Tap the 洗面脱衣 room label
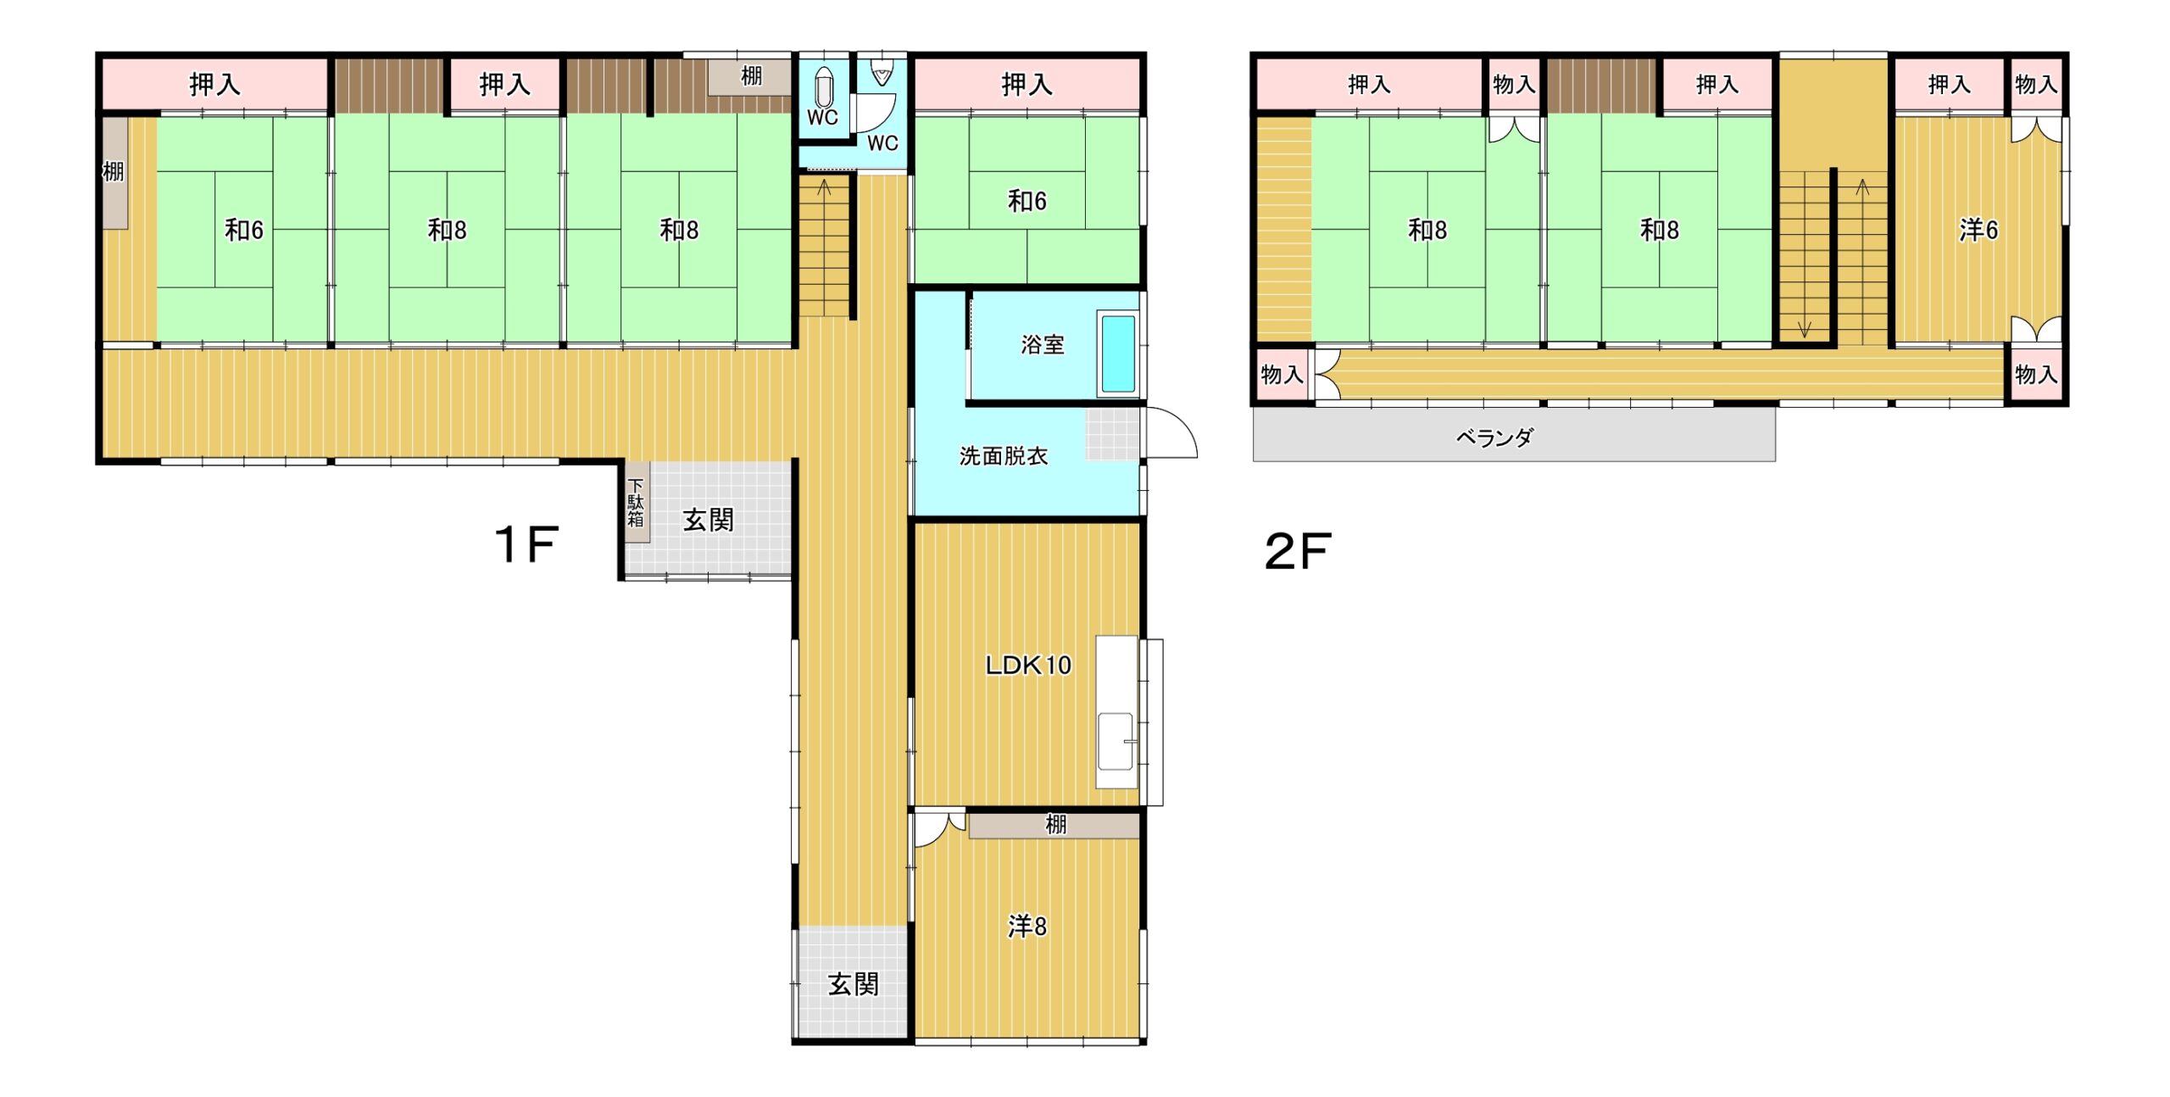(x=1004, y=456)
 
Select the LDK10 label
(x=1028, y=665)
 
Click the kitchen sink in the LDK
(x=1116, y=741)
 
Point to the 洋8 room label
(x=1027, y=927)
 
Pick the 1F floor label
(x=526, y=543)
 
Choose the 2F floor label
(x=1298, y=551)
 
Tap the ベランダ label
(x=1494, y=437)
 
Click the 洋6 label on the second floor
(x=1978, y=230)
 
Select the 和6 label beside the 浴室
(x=1027, y=201)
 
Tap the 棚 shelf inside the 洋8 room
(x=1054, y=825)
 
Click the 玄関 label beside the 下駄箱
(x=708, y=520)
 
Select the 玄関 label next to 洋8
(x=853, y=984)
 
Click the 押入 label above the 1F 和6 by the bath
(x=1027, y=84)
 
